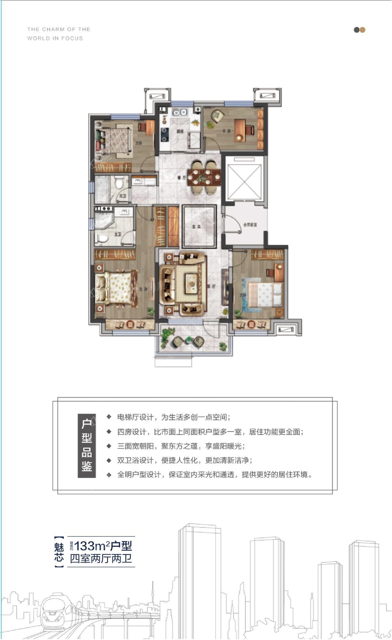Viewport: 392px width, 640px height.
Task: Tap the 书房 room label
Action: pyautogui.click(x=226, y=131)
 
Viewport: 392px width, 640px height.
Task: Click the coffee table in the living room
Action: pyautogui.click(x=191, y=282)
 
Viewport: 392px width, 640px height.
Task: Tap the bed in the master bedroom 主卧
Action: pyautogui.click(x=117, y=288)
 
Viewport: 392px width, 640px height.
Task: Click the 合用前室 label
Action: pyautogui.click(x=250, y=225)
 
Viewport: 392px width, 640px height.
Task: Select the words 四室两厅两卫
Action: pyautogui.click(x=101, y=559)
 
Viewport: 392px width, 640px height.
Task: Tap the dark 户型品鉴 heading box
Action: pyautogui.click(x=87, y=446)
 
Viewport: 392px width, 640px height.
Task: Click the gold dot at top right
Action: pyautogui.click(x=362, y=30)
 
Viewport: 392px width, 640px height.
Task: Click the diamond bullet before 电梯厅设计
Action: pyautogui.click(x=109, y=417)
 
